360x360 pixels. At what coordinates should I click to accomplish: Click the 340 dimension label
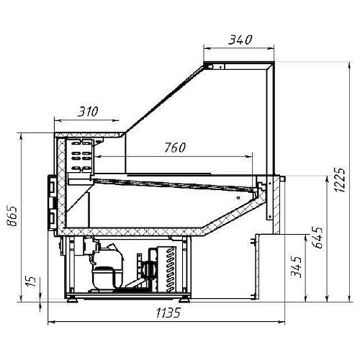point(240,40)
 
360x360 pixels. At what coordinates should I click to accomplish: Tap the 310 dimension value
point(88,112)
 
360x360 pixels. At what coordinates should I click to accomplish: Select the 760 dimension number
point(175,148)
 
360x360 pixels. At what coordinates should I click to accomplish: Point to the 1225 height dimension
point(340,180)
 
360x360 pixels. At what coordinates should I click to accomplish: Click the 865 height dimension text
point(12,216)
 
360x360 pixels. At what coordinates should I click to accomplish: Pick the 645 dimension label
point(317,238)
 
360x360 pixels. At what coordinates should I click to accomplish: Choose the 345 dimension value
point(296,267)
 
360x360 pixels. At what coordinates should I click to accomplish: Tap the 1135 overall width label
point(168,313)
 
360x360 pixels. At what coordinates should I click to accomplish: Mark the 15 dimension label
point(30,281)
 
